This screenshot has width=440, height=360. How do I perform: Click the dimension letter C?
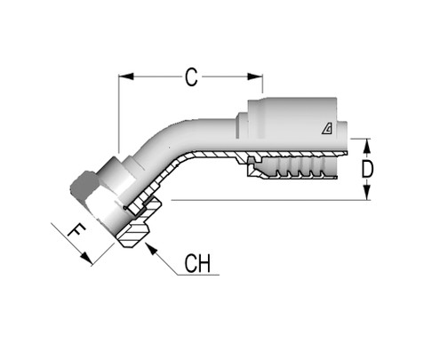190,78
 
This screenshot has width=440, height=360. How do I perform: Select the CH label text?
198,264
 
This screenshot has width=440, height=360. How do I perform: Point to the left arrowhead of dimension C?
124,77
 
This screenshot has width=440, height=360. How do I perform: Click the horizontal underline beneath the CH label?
197,278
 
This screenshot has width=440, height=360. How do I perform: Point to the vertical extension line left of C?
119,111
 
